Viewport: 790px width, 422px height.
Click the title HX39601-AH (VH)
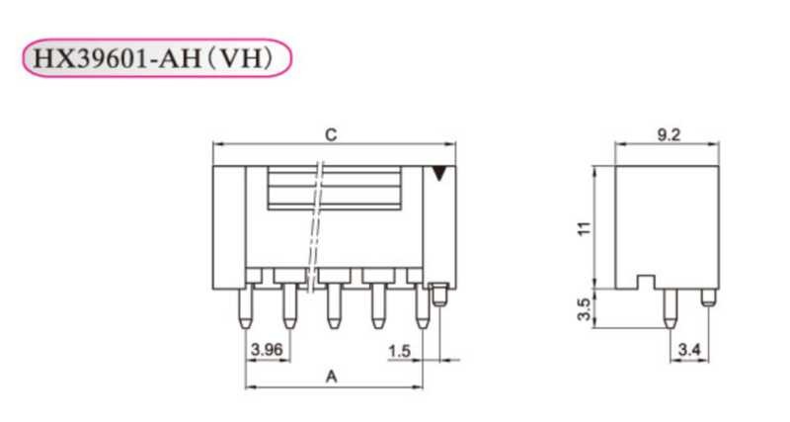[158, 59]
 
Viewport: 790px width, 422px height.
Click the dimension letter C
[331, 134]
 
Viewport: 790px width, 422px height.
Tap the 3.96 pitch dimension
[267, 350]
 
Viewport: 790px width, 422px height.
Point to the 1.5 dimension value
[399, 350]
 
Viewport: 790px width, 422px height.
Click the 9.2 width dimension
[668, 136]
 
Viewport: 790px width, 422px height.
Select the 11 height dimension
[585, 227]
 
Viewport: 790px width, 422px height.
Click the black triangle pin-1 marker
[439, 175]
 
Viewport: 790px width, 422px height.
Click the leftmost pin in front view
[245, 306]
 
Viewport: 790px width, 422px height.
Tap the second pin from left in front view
[288, 306]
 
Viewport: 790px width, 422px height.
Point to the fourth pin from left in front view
[376, 306]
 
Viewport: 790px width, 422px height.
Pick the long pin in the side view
[670, 307]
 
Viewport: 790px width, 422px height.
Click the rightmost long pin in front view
[422, 306]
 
